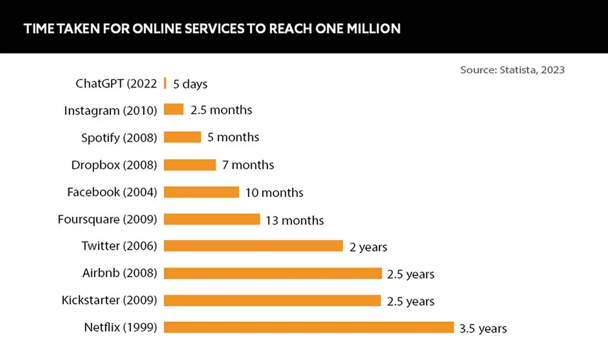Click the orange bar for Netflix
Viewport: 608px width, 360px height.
(x=308, y=327)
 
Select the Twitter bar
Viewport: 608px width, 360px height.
(x=253, y=246)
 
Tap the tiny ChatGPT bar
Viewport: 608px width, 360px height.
(x=165, y=83)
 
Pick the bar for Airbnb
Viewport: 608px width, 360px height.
(x=273, y=273)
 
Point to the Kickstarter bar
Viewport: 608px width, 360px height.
(x=272, y=300)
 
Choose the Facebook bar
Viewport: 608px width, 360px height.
(x=201, y=192)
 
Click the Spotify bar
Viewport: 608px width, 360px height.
(x=182, y=137)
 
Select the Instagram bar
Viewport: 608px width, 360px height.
(x=174, y=110)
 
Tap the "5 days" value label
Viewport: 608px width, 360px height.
(x=191, y=84)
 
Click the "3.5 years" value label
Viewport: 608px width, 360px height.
(x=483, y=328)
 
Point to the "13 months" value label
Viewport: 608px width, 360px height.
(x=294, y=220)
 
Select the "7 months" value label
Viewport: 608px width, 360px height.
(x=248, y=165)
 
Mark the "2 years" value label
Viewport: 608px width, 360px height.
(x=368, y=247)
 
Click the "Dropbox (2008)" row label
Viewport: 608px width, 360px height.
(x=114, y=165)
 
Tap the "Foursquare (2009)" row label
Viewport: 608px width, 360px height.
(x=107, y=219)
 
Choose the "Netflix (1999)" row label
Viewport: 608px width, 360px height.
(x=120, y=327)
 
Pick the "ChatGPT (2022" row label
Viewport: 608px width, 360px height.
(x=116, y=83)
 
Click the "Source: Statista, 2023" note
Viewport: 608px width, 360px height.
(x=512, y=70)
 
